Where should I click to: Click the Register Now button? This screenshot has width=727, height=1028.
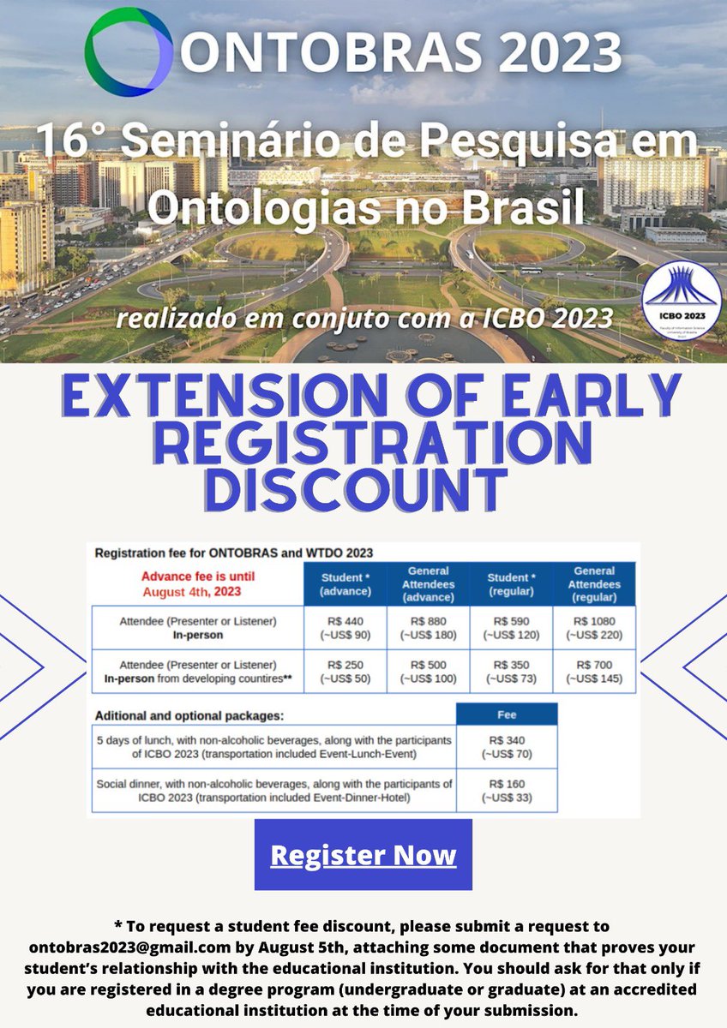click(x=363, y=855)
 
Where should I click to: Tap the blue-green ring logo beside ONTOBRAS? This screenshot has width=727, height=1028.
click(x=129, y=52)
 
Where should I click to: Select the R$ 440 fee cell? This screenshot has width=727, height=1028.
click(x=345, y=629)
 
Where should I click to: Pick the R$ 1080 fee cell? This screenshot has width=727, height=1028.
click(x=595, y=629)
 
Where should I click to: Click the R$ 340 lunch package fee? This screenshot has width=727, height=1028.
click(x=506, y=746)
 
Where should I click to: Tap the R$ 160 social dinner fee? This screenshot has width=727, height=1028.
click(x=506, y=791)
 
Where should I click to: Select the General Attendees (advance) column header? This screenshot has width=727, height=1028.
click(x=429, y=583)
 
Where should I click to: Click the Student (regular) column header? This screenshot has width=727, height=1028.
click(x=511, y=583)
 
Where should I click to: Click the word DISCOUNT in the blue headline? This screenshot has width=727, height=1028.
click(x=357, y=487)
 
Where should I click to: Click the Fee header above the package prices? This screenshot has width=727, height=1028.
click(x=506, y=714)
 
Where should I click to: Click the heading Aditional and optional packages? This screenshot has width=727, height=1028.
click(x=189, y=714)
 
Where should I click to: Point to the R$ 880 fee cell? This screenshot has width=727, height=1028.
click(x=429, y=629)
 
